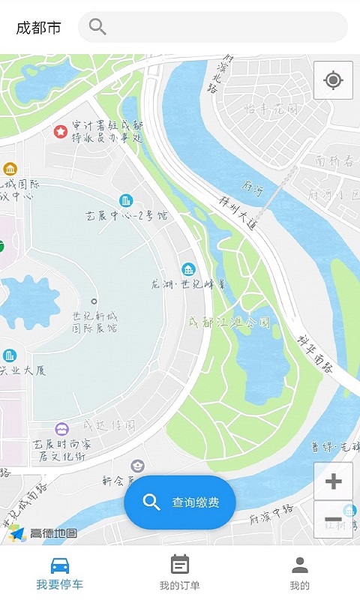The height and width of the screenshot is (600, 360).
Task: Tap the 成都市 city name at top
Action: [x=38, y=28]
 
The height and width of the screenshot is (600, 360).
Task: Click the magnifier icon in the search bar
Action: [x=97, y=27]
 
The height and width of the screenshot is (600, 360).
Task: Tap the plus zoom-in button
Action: [x=333, y=481]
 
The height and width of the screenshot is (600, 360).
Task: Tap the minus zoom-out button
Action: [x=333, y=519]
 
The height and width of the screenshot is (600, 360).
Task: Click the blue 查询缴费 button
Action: [x=180, y=502]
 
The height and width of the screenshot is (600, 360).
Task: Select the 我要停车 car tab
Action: [x=60, y=573]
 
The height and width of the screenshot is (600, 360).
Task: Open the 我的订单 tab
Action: [x=180, y=573]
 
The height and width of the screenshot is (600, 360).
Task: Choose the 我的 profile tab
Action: [x=300, y=573]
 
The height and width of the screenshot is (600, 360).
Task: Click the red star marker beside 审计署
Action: [x=60, y=132]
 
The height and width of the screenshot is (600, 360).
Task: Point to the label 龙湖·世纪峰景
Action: [x=188, y=284]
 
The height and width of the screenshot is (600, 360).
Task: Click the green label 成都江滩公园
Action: [x=229, y=322]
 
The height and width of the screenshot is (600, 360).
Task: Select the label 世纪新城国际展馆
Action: [x=94, y=322]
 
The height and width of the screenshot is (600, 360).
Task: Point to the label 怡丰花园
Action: [x=271, y=109]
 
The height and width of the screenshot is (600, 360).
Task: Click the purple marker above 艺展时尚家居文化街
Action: [x=62, y=428]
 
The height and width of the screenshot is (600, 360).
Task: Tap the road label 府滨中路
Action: [x=271, y=516]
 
